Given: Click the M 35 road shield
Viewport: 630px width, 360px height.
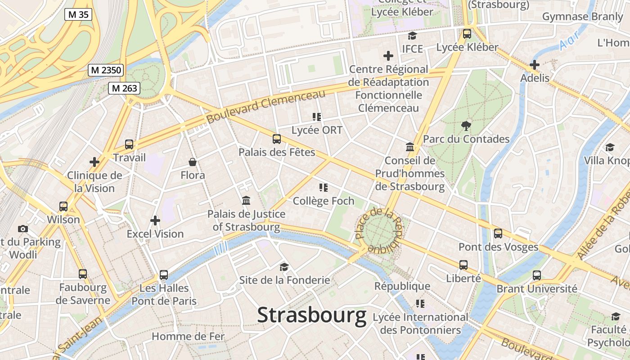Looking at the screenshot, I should point(78,14).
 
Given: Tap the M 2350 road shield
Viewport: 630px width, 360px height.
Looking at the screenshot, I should point(106,70).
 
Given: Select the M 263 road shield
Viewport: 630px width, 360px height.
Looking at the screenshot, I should point(124,88).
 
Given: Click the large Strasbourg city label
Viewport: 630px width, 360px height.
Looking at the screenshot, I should point(311,315).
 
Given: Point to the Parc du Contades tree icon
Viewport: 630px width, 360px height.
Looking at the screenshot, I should point(466,126).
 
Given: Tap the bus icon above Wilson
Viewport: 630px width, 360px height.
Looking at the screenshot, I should point(63,207).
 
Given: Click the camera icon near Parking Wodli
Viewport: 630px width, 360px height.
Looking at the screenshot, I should point(23,229).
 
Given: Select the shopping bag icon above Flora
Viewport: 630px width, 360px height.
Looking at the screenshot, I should point(193,162).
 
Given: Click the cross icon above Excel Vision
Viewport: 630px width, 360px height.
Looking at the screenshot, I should point(155,220).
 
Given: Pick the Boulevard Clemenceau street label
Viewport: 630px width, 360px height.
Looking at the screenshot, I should point(265,107).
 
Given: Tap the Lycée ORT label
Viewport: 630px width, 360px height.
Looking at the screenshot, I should point(317,130).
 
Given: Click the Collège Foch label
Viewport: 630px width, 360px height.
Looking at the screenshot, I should point(324,201).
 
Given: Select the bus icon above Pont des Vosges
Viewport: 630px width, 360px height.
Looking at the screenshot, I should point(498,234).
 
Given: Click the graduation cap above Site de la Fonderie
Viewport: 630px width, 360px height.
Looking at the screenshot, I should point(284,267).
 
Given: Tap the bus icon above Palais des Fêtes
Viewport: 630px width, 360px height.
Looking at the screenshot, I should point(277,139).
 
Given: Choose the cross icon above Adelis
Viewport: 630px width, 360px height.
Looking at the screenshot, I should point(535,65).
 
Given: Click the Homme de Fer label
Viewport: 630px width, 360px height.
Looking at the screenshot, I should point(188,336).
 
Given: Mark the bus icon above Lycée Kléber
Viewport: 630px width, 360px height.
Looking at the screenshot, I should point(467,34).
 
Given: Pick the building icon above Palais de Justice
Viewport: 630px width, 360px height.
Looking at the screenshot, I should point(246,200).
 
